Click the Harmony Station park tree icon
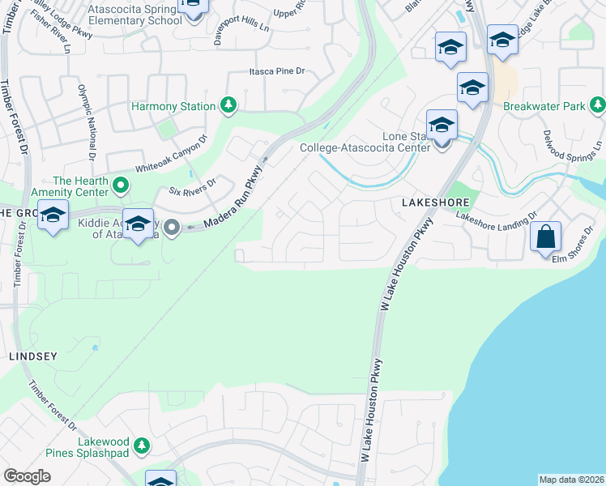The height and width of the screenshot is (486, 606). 228,106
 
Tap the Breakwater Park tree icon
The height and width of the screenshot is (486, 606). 597,105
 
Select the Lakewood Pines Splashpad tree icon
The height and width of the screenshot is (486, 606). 141,446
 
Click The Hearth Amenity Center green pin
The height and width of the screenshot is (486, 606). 121,185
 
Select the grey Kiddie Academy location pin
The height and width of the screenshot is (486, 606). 172,228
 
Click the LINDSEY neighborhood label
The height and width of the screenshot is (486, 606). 32,356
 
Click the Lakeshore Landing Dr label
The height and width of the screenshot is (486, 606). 497,215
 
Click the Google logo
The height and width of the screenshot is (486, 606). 27,476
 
